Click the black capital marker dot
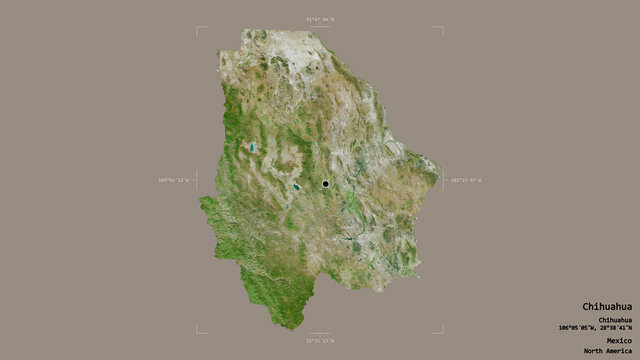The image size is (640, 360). coord(325,184)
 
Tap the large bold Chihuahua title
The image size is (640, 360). coord(606,306)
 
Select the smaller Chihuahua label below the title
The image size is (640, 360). coord(613,319)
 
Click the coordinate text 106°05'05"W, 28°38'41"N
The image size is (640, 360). coord(596,327)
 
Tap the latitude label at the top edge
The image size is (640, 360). coord(320,19)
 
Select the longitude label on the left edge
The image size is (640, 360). coord(173,180)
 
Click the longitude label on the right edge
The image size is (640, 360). coord(466,180)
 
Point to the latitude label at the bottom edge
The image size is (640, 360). coord(320,341)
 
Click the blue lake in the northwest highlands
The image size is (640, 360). coord(252,148)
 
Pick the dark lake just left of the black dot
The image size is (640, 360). coord(296,187)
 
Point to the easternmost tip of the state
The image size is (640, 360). coord(439,180)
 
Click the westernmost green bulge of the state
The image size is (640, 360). coord(203,204)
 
